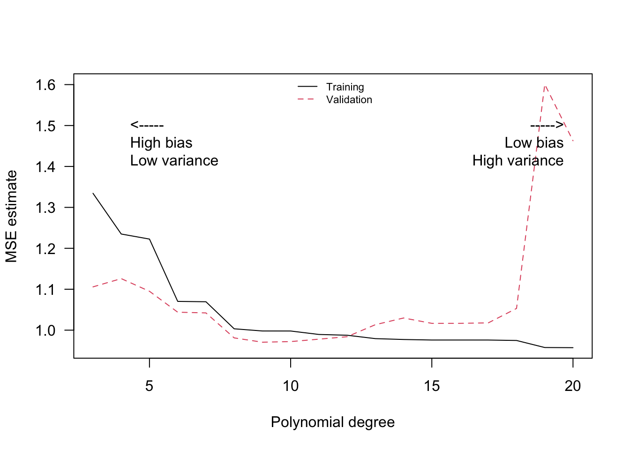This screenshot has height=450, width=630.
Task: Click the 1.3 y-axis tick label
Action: [x=46, y=208]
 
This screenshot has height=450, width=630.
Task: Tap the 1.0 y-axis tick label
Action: [x=46, y=330]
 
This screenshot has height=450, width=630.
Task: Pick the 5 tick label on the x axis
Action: [x=149, y=386]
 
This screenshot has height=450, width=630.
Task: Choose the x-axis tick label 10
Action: [x=291, y=386]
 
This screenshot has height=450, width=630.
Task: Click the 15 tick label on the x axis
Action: [x=432, y=386]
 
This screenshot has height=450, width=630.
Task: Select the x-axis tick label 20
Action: [x=573, y=386]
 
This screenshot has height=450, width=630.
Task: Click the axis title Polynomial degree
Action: [x=333, y=422]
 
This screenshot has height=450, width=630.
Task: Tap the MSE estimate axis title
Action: [x=12, y=217]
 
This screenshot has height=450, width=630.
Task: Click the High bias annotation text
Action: [x=161, y=143]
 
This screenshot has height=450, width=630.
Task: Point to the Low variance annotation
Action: [x=174, y=161]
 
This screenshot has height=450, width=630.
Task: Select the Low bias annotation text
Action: [x=534, y=143]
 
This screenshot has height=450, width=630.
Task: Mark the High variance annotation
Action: [x=518, y=161]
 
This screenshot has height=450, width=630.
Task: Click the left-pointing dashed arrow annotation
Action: [x=147, y=125]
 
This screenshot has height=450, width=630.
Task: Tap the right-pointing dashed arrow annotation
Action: [x=547, y=125]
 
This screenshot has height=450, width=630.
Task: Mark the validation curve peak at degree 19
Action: [x=545, y=85]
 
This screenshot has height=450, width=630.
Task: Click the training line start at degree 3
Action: [x=93, y=193]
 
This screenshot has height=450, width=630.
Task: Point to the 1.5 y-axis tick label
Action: [x=46, y=126]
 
